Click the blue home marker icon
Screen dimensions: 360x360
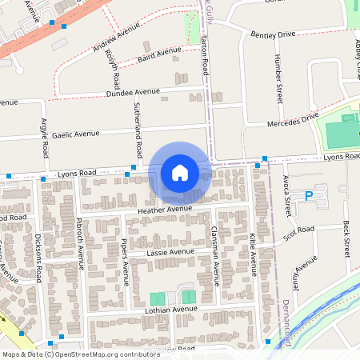tap(180, 173)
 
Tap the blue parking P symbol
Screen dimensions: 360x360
tap(310, 196)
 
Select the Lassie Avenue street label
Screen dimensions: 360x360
tap(170, 252)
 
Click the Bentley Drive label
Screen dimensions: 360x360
tap(273, 35)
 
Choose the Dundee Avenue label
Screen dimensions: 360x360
tap(133, 93)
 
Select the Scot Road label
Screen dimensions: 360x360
tap(298, 233)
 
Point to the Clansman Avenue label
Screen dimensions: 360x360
tap(214, 254)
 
